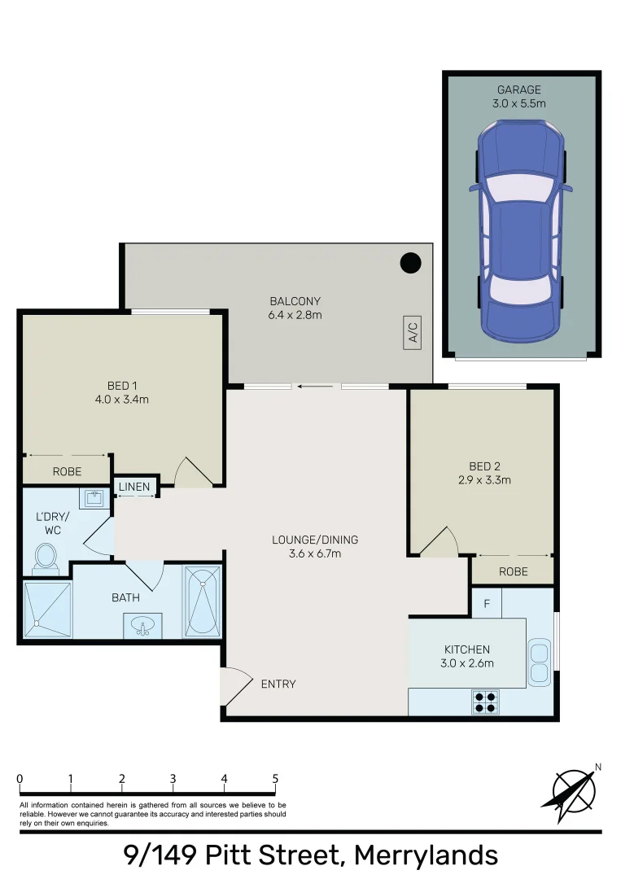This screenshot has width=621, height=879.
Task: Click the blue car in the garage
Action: pos(520,230)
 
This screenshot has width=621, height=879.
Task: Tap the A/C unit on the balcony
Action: pos(412,333)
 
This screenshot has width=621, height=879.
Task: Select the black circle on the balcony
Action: pos(411,263)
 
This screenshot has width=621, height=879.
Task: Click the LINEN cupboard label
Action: pos(134,488)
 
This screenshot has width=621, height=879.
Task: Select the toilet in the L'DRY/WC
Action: pos(46,558)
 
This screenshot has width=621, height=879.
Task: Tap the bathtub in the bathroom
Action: pos(201,601)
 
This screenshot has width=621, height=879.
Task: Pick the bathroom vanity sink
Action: pos(142,627)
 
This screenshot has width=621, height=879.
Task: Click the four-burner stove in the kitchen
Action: pos(486,702)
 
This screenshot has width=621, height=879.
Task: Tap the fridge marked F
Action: pos(486,604)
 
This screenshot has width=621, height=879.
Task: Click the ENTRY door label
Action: pos(278,684)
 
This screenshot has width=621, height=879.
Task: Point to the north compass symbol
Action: pos(575,789)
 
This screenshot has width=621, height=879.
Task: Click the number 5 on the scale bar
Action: pos(275,779)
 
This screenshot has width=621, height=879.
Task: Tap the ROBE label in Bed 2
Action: pos(513,571)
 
